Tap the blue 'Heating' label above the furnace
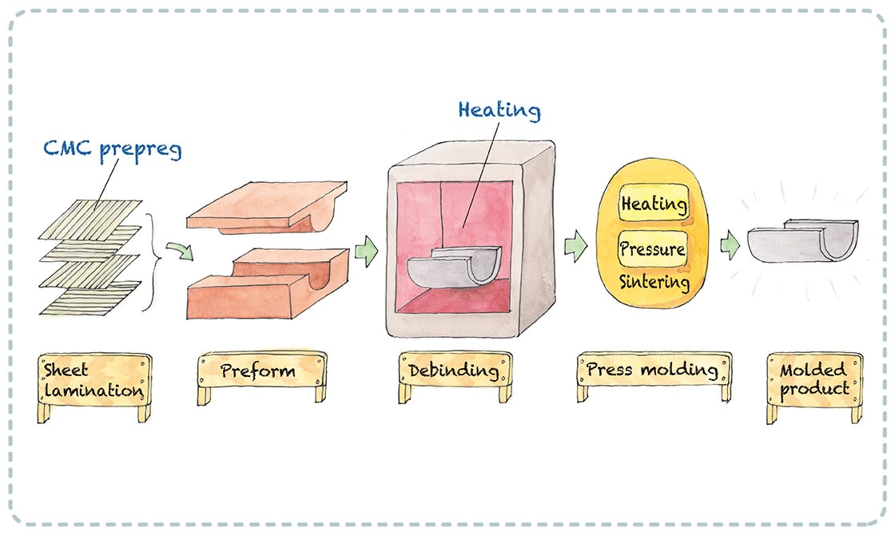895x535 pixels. pos(499,109)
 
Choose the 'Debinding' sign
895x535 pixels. pos(454,371)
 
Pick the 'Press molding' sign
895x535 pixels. pos(653,370)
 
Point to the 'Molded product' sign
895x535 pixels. pos(814,380)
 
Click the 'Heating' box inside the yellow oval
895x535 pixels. pos(653,204)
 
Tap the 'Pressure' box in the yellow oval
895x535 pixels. pos(653,249)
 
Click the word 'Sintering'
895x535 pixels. pos(653,282)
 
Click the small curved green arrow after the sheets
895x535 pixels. pos(184,252)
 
